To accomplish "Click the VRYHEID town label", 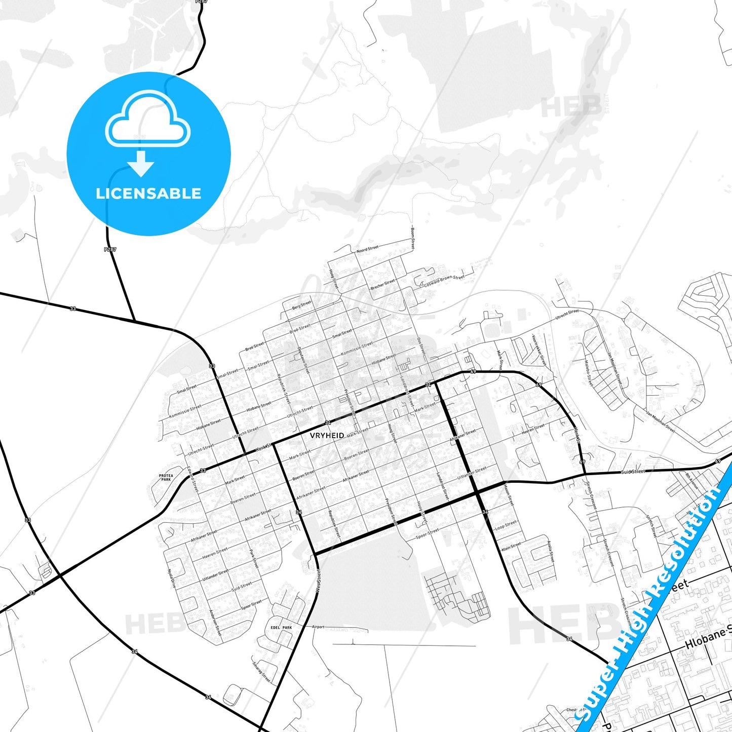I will [x=327, y=435].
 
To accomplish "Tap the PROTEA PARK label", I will [x=166, y=477].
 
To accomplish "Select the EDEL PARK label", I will [x=281, y=628].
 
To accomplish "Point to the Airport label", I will [x=318, y=627].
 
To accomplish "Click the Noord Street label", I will [x=367, y=249].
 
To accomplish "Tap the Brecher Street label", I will [x=382, y=285].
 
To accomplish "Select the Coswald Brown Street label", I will [x=444, y=280].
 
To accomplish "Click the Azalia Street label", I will [x=550, y=551].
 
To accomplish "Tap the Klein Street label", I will [x=511, y=547].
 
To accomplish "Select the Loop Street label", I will [x=505, y=525].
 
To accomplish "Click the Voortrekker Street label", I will [x=539, y=349].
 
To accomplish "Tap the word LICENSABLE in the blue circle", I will [x=148, y=194].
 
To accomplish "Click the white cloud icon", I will [x=147, y=119].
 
